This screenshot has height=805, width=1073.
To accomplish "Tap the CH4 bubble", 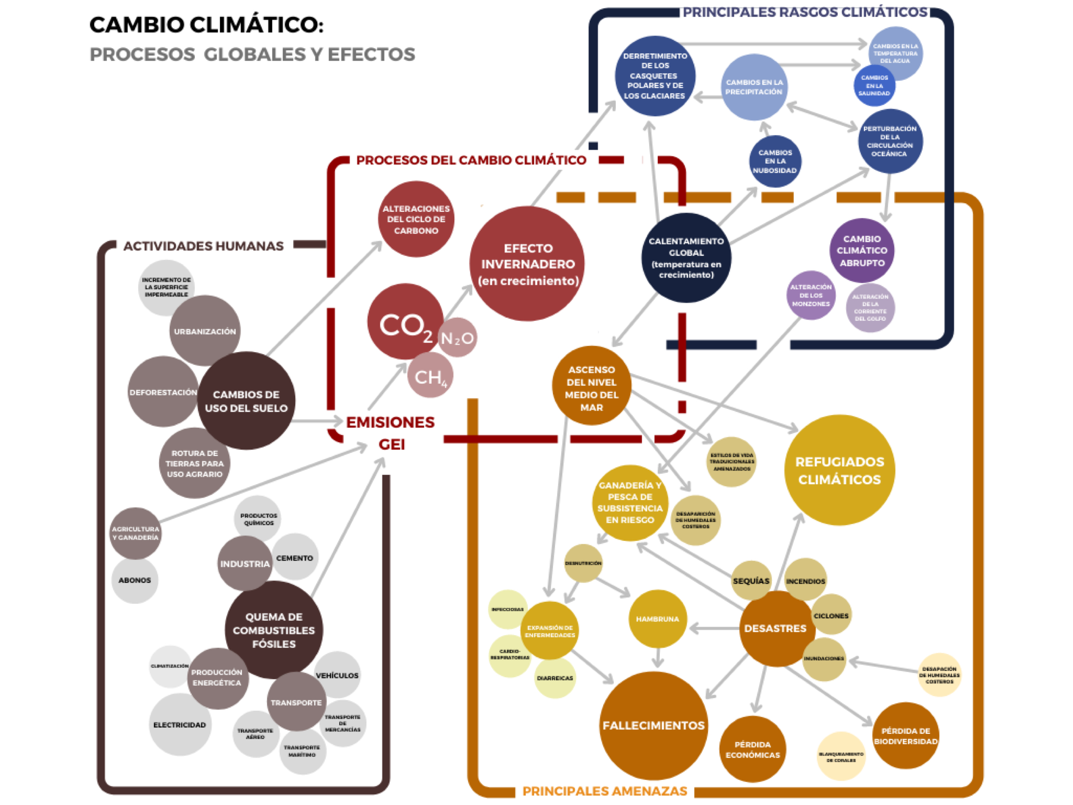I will (430, 376).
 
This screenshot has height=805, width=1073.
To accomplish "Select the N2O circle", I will (457, 338).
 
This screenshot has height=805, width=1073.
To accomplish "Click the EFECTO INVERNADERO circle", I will (527, 264).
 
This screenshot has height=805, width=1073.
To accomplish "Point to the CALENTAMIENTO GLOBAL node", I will (686, 257).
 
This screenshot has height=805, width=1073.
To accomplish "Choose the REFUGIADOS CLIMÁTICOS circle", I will (839, 470).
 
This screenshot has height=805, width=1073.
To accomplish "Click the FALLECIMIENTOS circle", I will (653, 725).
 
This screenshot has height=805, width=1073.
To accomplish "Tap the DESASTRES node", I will (776, 628).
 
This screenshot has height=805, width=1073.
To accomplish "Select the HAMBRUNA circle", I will (657, 619).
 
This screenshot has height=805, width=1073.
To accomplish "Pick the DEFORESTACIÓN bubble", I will (163, 392).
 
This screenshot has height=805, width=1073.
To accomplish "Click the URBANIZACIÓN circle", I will (205, 331).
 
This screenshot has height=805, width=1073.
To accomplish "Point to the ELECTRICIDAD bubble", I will (179, 724).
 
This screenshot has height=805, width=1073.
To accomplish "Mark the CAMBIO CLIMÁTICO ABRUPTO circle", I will (861, 251).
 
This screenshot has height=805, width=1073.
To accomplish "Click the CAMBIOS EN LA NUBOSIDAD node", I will (775, 161).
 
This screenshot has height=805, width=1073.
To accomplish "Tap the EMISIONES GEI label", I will (391, 432).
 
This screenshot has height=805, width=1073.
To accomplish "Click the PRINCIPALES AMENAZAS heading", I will (605, 791).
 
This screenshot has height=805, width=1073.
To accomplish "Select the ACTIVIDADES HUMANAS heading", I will (203, 246).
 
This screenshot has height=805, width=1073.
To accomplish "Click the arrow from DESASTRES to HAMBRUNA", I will (713, 629).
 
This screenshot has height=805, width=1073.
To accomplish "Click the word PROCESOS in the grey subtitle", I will (142, 54).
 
